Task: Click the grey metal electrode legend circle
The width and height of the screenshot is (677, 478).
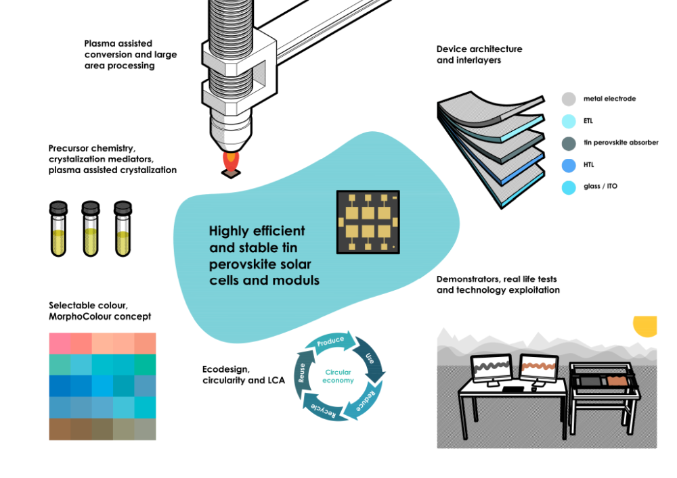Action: [569, 99]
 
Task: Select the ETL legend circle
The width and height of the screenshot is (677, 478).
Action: [569, 121]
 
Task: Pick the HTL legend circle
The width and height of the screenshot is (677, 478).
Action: [569, 165]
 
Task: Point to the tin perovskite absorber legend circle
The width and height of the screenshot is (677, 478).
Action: [569, 143]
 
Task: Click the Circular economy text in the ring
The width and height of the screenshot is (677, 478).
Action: [338, 377]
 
